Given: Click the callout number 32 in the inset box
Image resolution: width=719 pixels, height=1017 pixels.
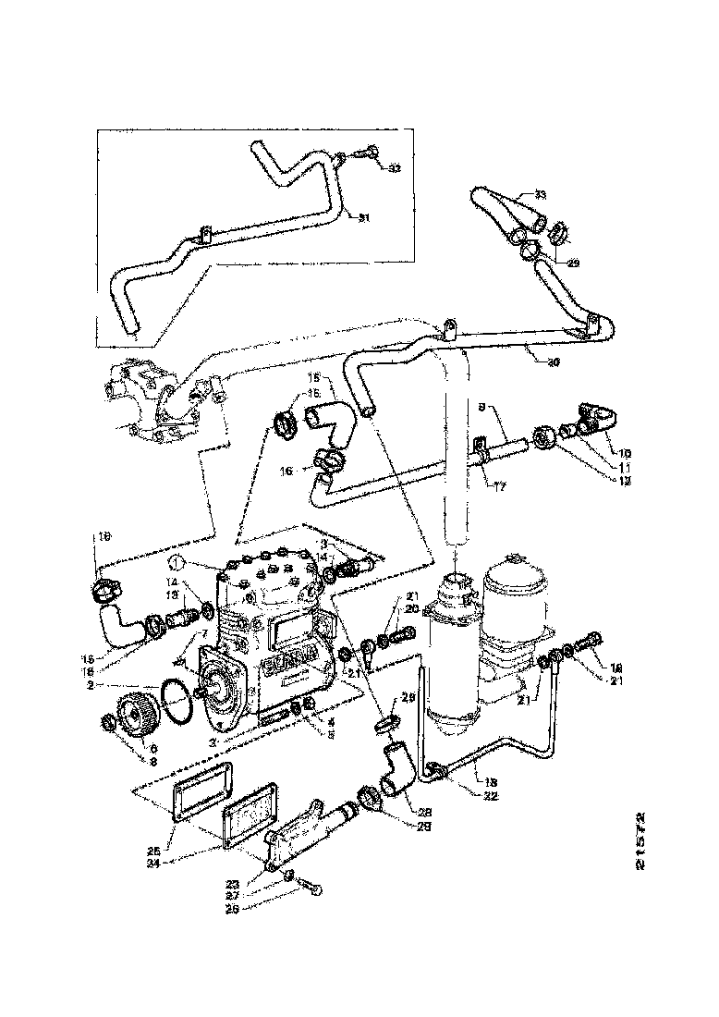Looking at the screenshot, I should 394,168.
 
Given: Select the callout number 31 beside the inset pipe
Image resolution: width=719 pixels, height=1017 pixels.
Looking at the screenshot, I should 364,218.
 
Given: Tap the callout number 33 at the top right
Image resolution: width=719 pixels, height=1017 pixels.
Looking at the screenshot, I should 540,195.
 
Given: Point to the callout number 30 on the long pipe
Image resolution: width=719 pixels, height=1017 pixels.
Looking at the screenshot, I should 553,361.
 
